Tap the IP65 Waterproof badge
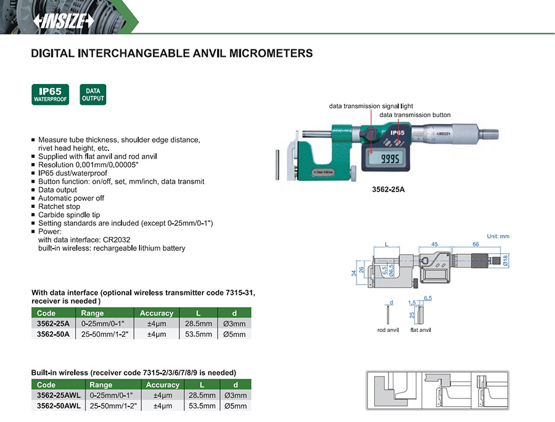[51, 94]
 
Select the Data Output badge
[93, 94]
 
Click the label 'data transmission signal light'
[371, 106]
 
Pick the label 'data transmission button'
[414, 115]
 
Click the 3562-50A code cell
[53, 334]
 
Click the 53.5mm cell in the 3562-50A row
[199, 334]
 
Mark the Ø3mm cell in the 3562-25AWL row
[235, 395]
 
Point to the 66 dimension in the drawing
[475, 244]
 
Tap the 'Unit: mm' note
[498, 236]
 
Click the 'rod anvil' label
[388, 330]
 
